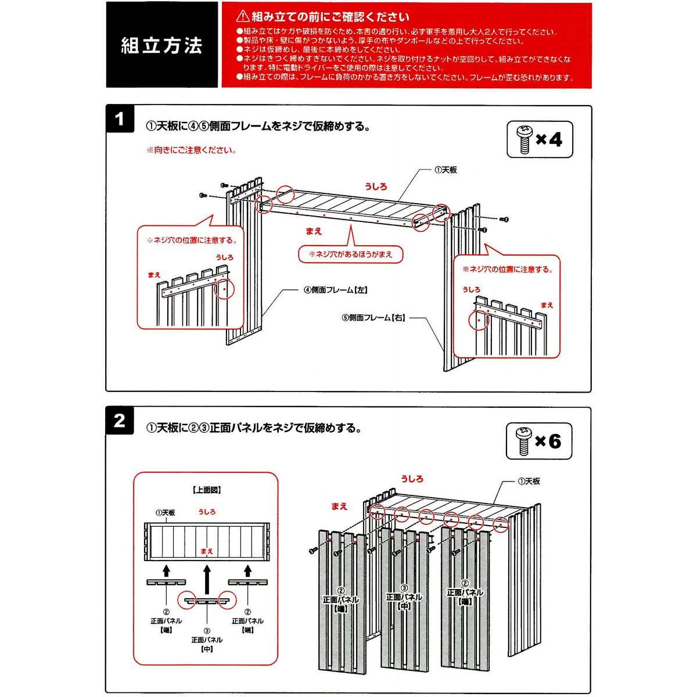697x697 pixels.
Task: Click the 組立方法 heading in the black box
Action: (x=161, y=45)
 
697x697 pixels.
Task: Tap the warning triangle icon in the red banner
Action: (x=243, y=16)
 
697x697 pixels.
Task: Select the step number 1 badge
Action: (x=120, y=119)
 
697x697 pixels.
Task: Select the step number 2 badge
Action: (x=120, y=421)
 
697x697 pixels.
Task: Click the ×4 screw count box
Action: (x=540, y=139)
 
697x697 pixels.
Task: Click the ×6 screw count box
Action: (x=539, y=441)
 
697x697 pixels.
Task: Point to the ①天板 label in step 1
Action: (x=446, y=170)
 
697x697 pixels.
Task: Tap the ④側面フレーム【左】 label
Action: (x=336, y=290)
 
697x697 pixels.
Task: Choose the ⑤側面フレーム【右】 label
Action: (x=373, y=318)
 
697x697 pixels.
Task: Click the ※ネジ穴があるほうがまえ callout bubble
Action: (x=350, y=254)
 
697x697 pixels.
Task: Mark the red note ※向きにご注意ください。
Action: (x=192, y=150)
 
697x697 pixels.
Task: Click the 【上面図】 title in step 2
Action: (x=206, y=490)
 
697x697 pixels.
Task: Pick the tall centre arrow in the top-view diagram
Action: (x=207, y=580)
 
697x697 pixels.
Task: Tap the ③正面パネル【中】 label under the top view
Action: (x=207, y=639)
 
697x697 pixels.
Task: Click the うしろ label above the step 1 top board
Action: (x=376, y=186)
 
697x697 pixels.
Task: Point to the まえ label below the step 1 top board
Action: (x=314, y=231)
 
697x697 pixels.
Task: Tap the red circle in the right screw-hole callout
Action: (x=479, y=319)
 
